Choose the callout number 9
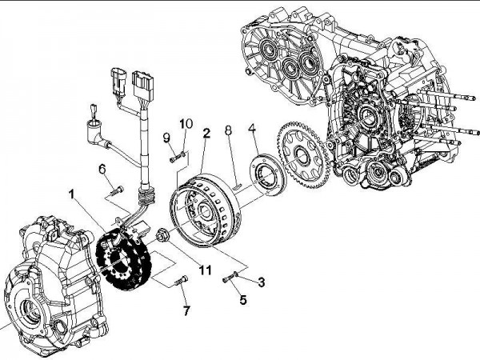168,137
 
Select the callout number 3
261,281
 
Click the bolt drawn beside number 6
115,190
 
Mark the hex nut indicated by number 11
163,235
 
